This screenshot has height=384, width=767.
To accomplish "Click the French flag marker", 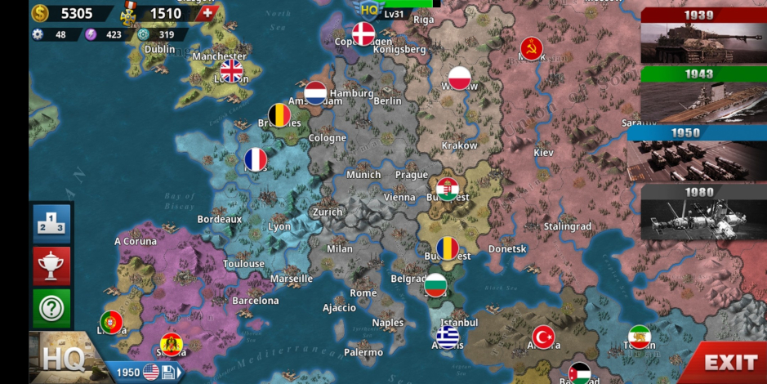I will (x=256, y=159).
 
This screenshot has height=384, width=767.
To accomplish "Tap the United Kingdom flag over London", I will (x=232, y=71).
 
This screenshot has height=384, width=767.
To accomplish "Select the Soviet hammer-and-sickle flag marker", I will (x=532, y=48).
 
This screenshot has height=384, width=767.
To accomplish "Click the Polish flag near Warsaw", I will (x=460, y=78).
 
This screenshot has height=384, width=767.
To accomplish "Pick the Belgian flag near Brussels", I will (x=279, y=115).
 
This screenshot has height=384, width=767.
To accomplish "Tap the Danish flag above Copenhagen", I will (x=363, y=33).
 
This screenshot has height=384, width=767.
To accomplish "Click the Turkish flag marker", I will (x=544, y=337).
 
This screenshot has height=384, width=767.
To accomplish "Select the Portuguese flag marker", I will (x=112, y=322).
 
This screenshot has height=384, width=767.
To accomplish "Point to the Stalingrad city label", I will (x=567, y=226).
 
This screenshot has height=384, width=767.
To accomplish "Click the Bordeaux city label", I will (x=220, y=219).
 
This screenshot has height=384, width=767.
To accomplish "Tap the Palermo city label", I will (x=363, y=352).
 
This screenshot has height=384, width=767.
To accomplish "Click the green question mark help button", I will (x=51, y=308).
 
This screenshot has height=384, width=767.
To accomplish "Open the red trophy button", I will (x=51, y=266).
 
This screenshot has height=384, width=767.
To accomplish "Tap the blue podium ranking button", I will (x=51, y=223).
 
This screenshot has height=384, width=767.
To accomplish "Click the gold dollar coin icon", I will (x=40, y=13).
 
